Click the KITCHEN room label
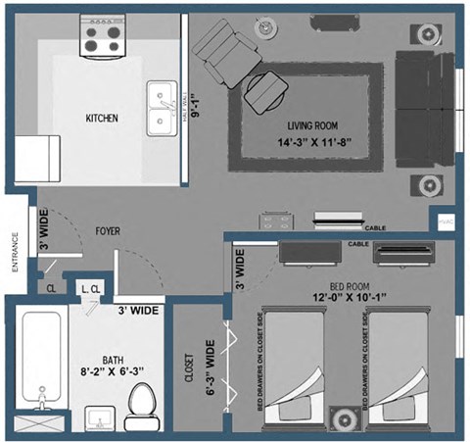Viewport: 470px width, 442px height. pyautogui.click(x=102, y=119)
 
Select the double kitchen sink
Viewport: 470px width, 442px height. pyautogui.click(x=161, y=108)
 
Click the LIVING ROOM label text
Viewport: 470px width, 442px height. pyautogui.click(x=313, y=126)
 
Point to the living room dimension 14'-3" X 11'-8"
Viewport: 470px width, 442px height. pyautogui.click(x=314, y=143)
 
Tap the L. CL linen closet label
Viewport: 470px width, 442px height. pyautogui.click(x=92, y=288)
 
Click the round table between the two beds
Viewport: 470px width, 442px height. pyautogui.click(x=344, y=420)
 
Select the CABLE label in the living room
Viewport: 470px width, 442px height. pyautogui.click(x=374, y=228)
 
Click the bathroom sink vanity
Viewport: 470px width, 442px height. pyautogui.click(x=98, y=420)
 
